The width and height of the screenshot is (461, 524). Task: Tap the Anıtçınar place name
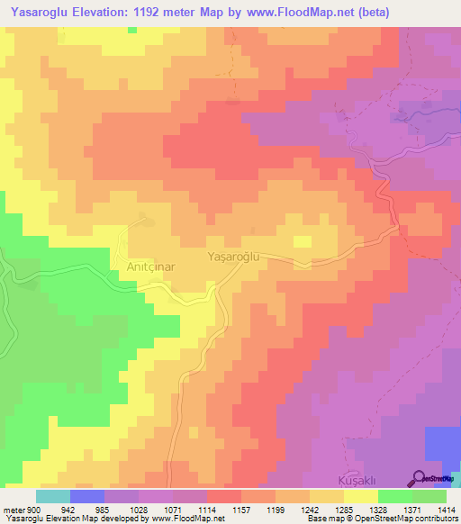point(138,267)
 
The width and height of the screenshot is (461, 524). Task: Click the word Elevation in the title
point(112,13)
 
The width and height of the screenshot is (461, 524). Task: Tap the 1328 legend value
point(378,510)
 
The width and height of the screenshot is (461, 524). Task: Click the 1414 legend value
point(446,510)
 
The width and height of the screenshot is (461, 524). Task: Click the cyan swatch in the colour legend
point(52,496)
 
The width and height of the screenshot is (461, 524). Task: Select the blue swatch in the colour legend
point(86,496)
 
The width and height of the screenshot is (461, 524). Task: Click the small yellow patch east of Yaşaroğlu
point(302,241)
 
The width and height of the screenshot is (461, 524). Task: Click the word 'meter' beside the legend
point(13,510)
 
